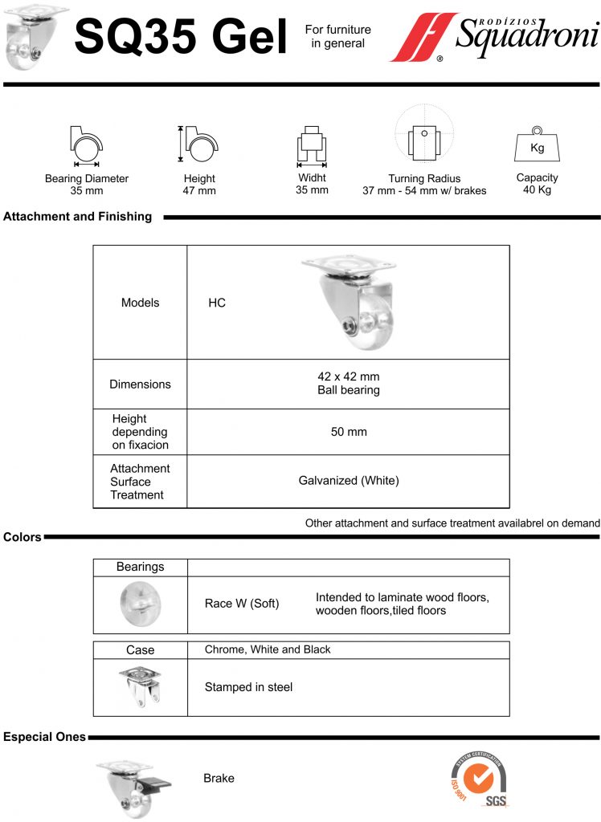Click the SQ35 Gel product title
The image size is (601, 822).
[x=181, y=36]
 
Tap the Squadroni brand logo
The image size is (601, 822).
[x=494, y=37]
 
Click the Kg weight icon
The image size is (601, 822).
[x=537, y=144]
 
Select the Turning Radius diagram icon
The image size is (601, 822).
[x=424, y=133]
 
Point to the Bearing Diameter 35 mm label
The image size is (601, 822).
[x=87, y=185]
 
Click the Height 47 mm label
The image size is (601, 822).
[x=199, y=185]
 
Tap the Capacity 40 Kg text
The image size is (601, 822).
[x=537, y=184]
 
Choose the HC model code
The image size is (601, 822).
[x=217, y=303]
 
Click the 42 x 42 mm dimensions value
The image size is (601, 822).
[x=349, y=376]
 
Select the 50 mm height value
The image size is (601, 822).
[x=349, y=432]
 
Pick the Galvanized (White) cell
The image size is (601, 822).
[x=349, y=480]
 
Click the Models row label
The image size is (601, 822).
[x=140, y=303]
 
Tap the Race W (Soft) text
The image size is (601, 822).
[x=242, y=604]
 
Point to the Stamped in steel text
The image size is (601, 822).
[x=249, y=687]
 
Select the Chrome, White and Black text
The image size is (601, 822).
[x=268, y=649]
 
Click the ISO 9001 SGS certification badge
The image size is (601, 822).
[x=479, y=779]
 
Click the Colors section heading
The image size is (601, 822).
[x=22, y=537]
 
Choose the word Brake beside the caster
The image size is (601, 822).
[x=219, y=778]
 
